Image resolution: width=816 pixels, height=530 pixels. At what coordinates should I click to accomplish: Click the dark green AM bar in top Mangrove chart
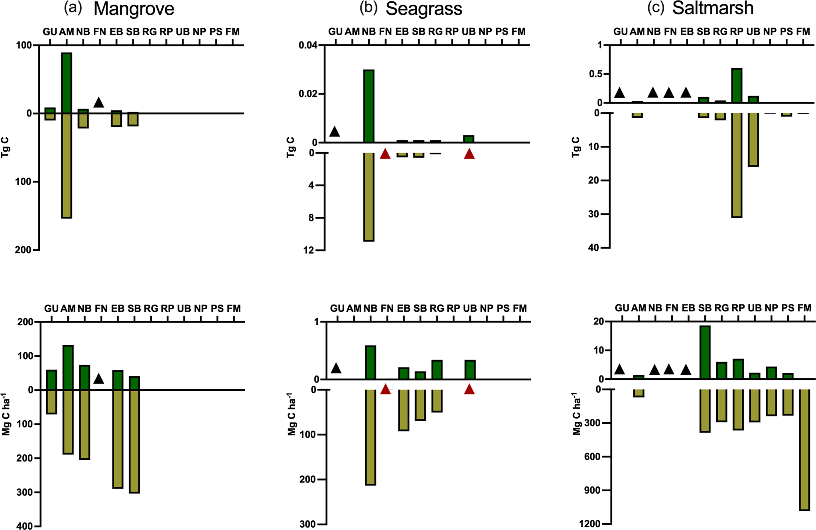(67, 83)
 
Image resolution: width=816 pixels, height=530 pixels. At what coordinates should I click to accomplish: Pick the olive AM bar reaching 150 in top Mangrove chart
(67, 166)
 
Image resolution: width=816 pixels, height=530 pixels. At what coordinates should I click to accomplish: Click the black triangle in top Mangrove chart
(99, 103)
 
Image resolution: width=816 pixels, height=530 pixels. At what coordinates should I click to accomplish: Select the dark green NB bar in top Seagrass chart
(369, 106)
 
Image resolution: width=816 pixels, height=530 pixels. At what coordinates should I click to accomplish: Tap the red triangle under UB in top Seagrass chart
(469, 154)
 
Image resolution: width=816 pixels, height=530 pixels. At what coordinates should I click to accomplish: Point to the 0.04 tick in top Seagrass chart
(308, 45)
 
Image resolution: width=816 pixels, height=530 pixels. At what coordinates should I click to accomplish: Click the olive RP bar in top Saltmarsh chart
(737, 165)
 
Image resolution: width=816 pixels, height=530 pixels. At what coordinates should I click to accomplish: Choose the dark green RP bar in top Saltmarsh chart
(737, 85)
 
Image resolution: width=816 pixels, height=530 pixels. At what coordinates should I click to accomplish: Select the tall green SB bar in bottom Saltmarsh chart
(705, 352)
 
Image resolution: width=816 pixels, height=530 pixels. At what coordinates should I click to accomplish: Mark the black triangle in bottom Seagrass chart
(336, 368)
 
